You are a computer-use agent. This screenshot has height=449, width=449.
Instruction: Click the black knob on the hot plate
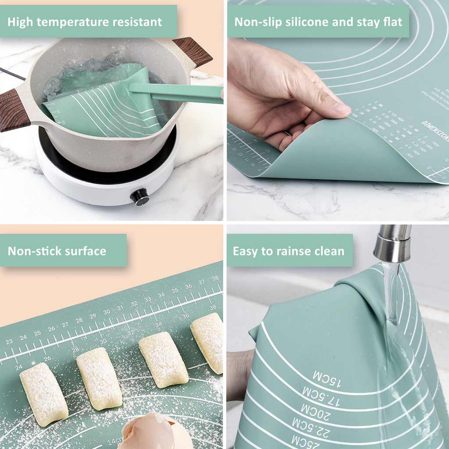pos(140,196)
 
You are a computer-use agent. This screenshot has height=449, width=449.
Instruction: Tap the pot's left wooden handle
pos(13,110)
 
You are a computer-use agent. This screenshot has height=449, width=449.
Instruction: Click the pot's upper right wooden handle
pos(192,51)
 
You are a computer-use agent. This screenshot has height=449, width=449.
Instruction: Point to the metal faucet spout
pos(392,244)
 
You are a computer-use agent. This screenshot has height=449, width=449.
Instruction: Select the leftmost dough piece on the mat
pos(44,393)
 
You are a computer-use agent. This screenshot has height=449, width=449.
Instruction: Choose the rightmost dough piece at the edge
pos(208,342)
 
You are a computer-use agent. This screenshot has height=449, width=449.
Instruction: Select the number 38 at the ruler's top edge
pos(215,278)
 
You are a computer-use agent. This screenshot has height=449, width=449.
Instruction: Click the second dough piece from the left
pos(99,378)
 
